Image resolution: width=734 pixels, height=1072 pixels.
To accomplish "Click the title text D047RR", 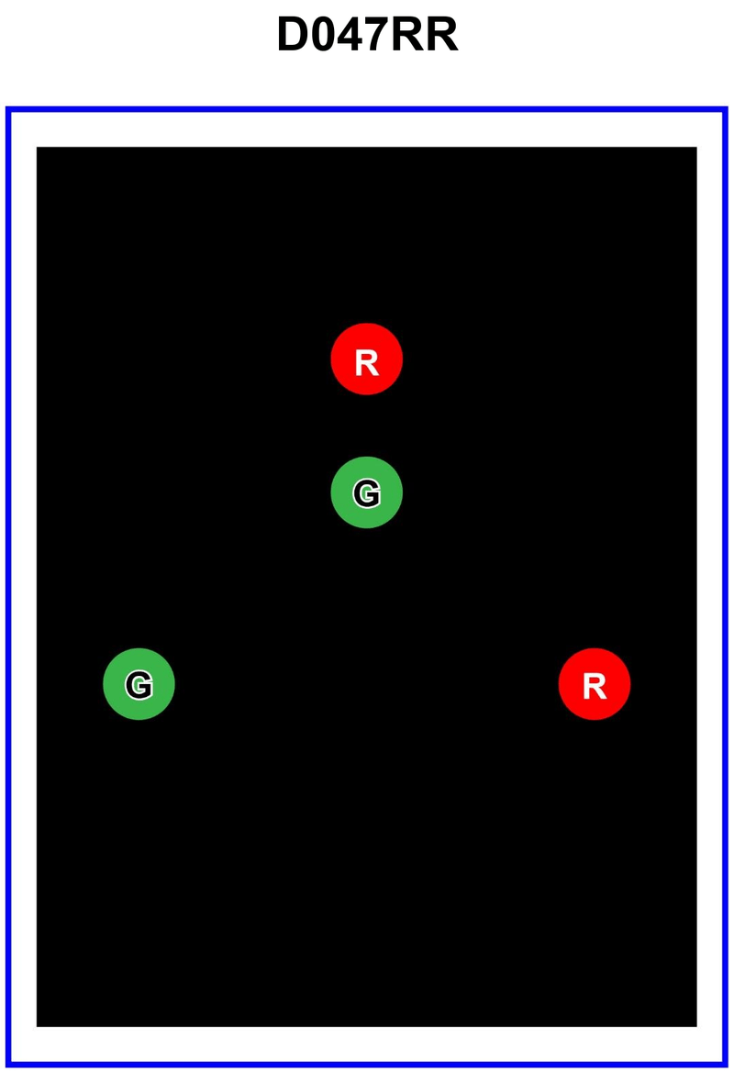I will pyautogui.click(x=367, y=35).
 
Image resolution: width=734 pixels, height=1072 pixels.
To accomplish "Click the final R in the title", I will pyautogui.click(x=441, y=35).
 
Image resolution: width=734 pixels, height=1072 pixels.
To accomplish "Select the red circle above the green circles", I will pyautogui.click(x=366, y=359).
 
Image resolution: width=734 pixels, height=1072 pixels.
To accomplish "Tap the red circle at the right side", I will pyautogui.click(x=595, y=684).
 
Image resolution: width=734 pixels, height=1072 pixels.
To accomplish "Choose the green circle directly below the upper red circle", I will pyautogui.click(x=366, y=492).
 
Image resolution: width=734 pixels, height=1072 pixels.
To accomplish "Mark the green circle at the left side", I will pyautogui.click(x=139, y=684).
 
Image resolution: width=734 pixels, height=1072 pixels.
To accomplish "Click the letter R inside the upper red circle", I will pyautogui.click(x=366, y=363).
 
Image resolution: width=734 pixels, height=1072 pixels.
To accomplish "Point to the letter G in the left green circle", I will pyautogui.click(x=139, y=684).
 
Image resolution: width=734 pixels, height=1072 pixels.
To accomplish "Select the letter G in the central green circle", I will pyautogui.click(x=366, y=493).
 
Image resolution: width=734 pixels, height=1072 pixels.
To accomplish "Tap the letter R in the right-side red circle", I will pyautogui.click(x=595, y=686).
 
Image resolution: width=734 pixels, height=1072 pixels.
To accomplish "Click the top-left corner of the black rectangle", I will pyautogui.click(x=38, y=148).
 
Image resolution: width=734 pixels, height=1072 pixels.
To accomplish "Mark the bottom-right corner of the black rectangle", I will pyautogui.click(x=695, y=1025).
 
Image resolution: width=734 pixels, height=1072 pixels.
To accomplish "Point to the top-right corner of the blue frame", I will pyautogui.click(x=726, y=110).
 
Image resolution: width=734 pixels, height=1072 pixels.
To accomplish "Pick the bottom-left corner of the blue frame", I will pyautogui.click(x=8, y=1065).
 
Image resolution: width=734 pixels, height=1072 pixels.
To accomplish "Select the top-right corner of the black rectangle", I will pyautogui.click(x=695, y=148).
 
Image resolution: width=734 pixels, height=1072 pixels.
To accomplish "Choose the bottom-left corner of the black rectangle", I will pyautogui.click(x=38, y=1025).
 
